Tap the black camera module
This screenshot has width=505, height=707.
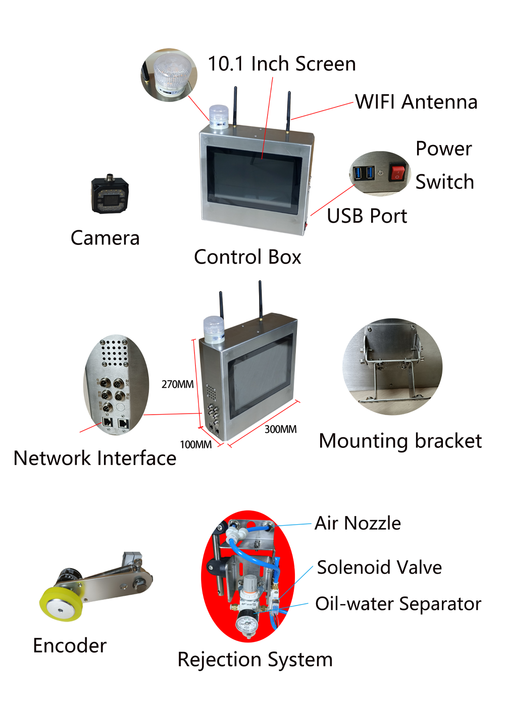tap(110, 193)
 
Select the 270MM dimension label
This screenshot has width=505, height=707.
tap(177, 384)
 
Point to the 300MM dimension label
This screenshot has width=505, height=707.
tap(280, 429)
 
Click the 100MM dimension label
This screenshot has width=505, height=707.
tap(196, 444)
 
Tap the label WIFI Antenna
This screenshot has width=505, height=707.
tap(416, 102)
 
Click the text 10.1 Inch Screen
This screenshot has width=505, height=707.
tap(282, 64)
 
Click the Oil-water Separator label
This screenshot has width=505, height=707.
tap(398, 603)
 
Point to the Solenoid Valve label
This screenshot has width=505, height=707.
tap(379, 567)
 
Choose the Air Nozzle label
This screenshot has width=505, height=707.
tap(358, 523)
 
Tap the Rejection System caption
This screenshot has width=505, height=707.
tap(255, 660)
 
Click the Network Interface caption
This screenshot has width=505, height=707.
tap(95, 458)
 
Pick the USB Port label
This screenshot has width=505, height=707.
tap(367, 216)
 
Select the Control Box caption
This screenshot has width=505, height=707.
tap(247, 257)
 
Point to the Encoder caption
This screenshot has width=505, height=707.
tap(70, 645)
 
